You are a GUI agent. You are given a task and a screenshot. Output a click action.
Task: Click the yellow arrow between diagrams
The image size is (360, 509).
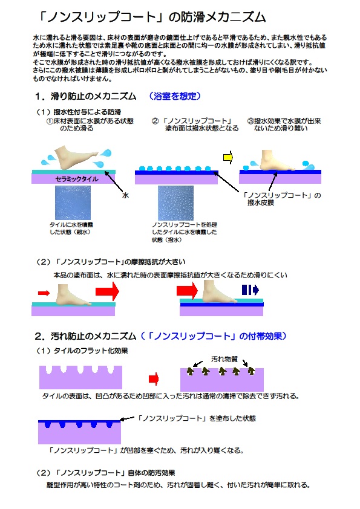(x=228, y=157)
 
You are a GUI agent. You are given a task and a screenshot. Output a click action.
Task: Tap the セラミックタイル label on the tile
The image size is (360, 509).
(x=77, y=179)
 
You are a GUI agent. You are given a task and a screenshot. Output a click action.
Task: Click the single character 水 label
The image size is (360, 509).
(x=125, y=195)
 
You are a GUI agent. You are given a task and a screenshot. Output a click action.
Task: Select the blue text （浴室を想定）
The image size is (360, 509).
(x=174, y=96)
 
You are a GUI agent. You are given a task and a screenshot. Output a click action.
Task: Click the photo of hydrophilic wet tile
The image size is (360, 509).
(x=73, y=203)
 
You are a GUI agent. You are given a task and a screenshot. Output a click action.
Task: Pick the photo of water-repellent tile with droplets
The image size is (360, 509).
(x=175, y=203)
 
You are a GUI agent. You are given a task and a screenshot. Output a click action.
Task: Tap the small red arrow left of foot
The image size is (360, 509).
(x=44, y=293)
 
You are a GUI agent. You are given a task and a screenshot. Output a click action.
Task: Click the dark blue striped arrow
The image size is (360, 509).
(x=250, y=290)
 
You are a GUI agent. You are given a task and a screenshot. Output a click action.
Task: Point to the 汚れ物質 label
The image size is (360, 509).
(x=224, y=359)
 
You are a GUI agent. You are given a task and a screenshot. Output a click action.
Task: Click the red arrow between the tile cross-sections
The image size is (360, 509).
(x=154, y=379)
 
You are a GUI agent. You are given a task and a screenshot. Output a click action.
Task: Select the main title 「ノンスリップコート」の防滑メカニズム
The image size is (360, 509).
(x=152, y=17)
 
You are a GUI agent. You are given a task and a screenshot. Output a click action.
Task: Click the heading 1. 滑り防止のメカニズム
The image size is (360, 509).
(x=85, y=96)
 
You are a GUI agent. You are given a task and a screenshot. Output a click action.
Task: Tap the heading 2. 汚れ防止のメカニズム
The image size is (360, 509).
(x=85, y=336)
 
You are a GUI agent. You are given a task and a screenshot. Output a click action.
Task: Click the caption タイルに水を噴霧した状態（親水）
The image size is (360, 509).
(x=71, y=229)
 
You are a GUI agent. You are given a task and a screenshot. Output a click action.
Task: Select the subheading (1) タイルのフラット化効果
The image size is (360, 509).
(x=82, y=351)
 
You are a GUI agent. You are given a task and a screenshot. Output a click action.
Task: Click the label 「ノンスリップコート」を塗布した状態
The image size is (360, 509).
(x=196, y=418)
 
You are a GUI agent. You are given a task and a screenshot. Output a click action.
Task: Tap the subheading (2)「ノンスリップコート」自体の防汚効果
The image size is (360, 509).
(x=106, y=473)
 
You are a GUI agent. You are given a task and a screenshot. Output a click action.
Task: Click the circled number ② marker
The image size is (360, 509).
(x=155, y=121)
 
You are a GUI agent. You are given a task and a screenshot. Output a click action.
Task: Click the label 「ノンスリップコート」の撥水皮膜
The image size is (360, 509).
(x=282, y=199)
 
